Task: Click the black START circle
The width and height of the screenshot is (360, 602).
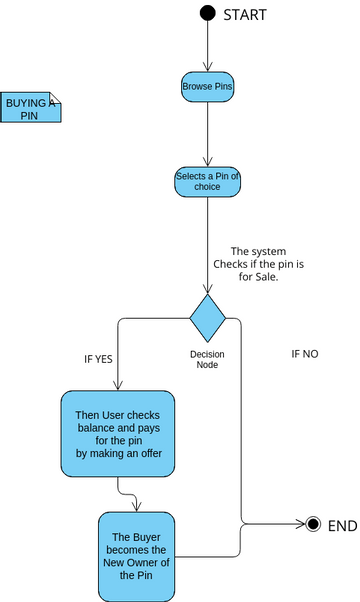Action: click(x=207, y=13)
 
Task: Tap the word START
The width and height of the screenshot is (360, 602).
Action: click(x=246, y=14)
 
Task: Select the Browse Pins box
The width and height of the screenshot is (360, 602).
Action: click(x=207, y=87)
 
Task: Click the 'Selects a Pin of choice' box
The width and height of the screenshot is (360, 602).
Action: click(x=207, y=181)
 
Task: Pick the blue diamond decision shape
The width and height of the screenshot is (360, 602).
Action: click(x=208, y=318)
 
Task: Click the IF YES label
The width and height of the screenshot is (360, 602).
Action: click(x=98, y=358)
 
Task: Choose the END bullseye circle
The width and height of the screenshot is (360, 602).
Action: click(x=313, y=524)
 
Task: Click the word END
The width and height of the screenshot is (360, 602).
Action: click(x=342, y=525)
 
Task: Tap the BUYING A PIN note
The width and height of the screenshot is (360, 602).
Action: click(x=31, y=107)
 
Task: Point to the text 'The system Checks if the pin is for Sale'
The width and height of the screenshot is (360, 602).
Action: click(x=252, y=264)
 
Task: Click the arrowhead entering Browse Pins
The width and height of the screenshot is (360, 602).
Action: click(x=207, y=67)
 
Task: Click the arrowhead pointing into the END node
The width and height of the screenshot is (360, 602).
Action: click(x=300, y=524)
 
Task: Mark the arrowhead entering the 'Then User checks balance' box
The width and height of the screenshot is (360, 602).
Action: click(x=118, y=387)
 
